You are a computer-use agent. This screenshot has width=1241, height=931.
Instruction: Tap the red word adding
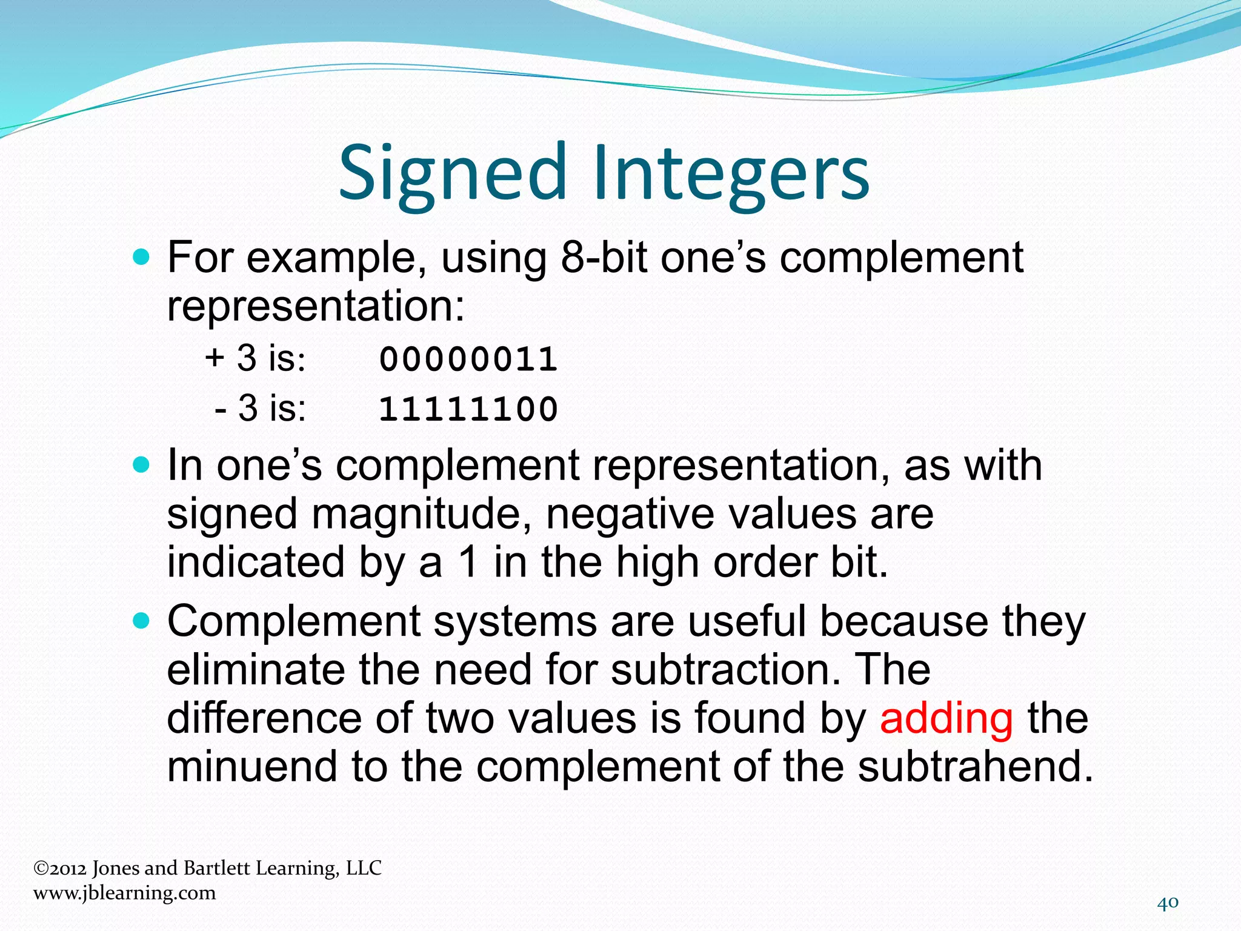946,718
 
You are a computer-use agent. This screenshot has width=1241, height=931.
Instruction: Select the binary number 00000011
468,359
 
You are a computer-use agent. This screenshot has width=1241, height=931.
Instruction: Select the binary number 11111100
468,409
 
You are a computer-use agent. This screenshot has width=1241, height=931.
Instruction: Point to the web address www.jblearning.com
124,893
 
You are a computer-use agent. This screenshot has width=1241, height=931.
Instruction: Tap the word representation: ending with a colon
316,306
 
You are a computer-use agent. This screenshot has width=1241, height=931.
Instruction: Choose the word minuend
252,766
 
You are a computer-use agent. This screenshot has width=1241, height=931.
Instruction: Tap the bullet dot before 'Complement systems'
141,621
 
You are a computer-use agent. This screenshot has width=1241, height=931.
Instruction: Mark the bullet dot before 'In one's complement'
141,465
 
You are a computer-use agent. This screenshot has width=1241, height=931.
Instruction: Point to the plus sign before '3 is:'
215,358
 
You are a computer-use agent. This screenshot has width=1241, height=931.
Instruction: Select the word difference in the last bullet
264,718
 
